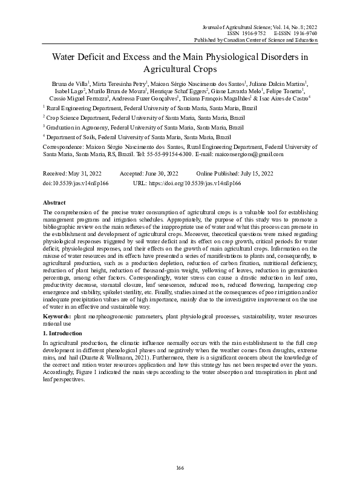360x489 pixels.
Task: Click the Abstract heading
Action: click(55, 202)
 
